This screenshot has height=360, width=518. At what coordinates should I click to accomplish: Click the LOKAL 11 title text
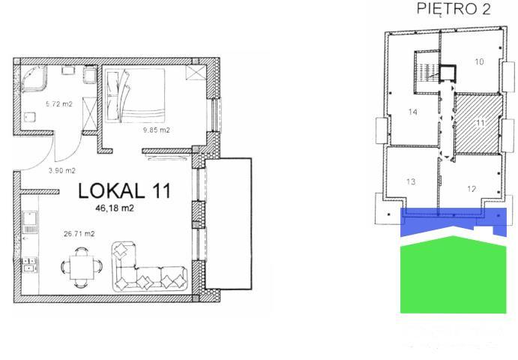pyautogui.click(x=124, y=190)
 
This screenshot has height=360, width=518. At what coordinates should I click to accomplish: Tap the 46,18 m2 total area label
pyautogui.click(x=115, y=208)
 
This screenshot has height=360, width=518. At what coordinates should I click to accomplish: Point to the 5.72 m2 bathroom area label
pyautogui.click(x=58, y=103)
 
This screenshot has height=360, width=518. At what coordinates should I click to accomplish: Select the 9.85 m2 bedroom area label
pyautogui.click(x=156, y=130)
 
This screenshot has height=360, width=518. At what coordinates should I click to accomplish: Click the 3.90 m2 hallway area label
pyautogui.click(x=61, y=170)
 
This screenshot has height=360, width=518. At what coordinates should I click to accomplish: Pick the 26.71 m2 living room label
pyautogui.click(x=79, y=234)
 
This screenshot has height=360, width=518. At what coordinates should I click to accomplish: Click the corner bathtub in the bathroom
pyautogui.click(x=34, y=78)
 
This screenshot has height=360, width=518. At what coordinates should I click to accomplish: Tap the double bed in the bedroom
pyautogui.click(x=135, y=95)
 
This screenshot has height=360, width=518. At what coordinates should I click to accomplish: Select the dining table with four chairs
pyautogui.click(x=82, y=267)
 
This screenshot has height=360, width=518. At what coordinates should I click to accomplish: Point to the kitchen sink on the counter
pyautogui.click(x=30, y=218)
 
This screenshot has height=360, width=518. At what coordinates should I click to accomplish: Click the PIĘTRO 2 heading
pyautogui.click(x=454, y=8)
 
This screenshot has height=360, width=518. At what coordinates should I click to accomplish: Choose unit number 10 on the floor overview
pyautogui.click(x=479, y=61)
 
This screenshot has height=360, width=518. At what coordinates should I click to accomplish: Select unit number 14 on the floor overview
pyautogui.click(x=412, y=112)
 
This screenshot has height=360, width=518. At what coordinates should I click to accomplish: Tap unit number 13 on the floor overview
pyautogui.click(x=411, y=181)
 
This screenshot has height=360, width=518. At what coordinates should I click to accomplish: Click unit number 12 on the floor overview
pyautogui.click(x=472, y=189)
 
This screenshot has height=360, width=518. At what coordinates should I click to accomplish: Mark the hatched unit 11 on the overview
pyautogui.click(x=478, y=124)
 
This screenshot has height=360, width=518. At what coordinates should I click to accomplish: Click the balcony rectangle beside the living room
pyautogui.click(x=228, y=224)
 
